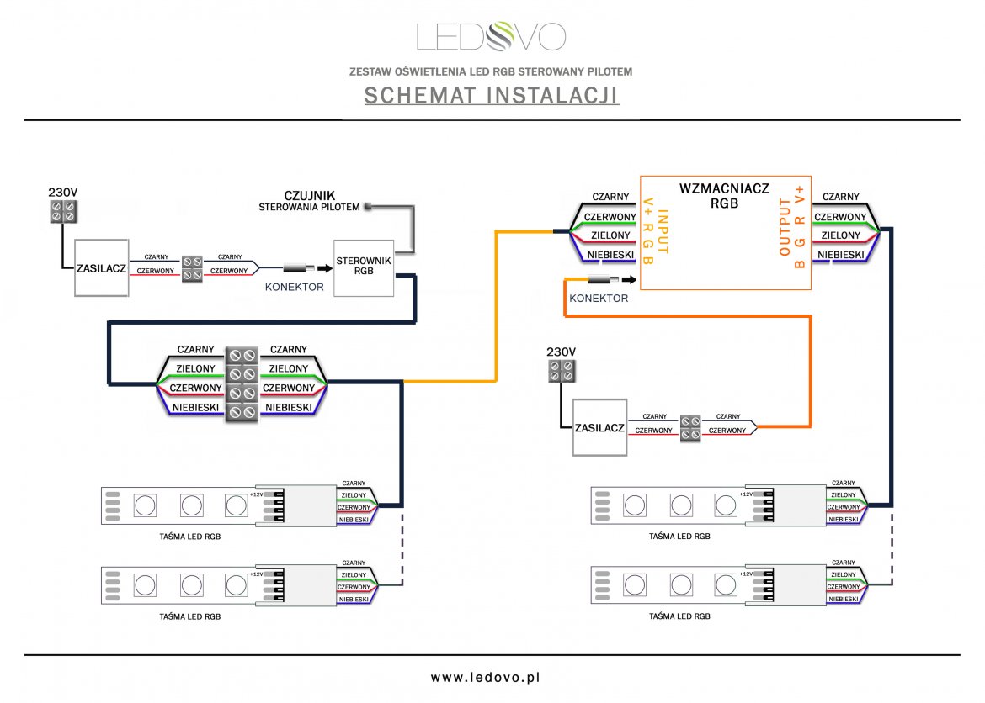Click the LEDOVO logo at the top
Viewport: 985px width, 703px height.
[x=492, y=36]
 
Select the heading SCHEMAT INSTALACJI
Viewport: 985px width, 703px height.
[x=492, y=96]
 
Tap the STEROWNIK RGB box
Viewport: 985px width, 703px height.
[x=363, y=267]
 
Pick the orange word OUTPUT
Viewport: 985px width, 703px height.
[x=785, y=227]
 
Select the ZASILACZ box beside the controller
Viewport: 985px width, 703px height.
[x=101, y=267]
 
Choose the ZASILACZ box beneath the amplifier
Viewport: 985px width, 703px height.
[x=599, y=427]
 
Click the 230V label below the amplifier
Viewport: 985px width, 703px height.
[x=561, y=351]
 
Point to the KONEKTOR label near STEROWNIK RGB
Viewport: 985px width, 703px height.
[x=295, y=287]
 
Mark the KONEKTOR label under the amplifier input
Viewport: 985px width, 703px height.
[x=599, y=299]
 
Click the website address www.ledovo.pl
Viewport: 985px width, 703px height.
[x=492, y=676]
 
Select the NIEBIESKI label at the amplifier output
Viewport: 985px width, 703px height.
[x=840, y=254]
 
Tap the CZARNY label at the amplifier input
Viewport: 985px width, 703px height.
[x=610, y=197]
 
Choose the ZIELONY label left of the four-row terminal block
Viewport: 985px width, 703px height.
[x=195, y=368]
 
